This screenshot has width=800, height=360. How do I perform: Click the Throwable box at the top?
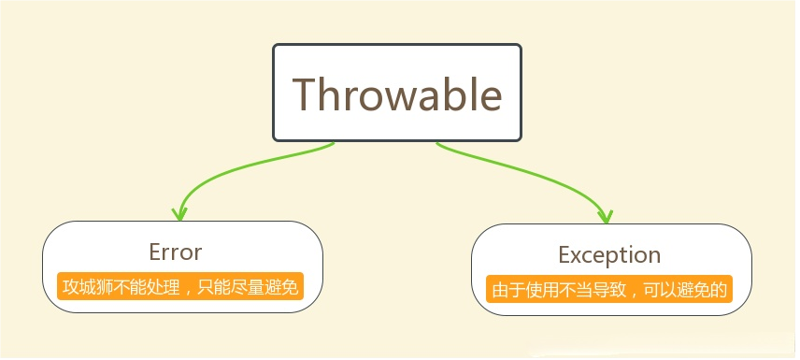pos(397,92)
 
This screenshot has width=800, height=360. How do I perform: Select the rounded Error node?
pos(182,266)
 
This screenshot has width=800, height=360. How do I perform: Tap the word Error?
pos(175,252)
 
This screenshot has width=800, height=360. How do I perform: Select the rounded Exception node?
pos(611,269)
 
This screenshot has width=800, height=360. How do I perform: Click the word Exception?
pos(609,255)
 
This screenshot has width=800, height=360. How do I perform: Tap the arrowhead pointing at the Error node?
pos(180,212)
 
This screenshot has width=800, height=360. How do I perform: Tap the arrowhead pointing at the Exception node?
pos(607,215)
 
